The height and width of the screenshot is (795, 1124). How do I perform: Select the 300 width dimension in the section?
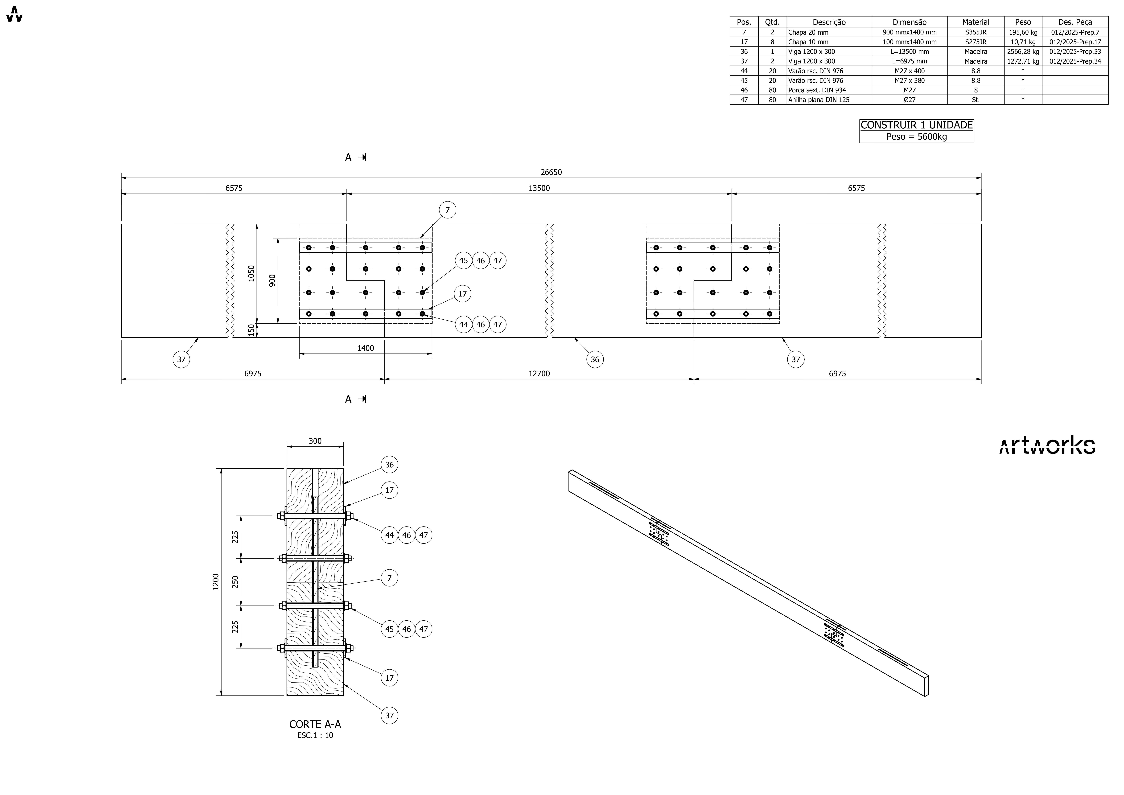[x=315, y=441]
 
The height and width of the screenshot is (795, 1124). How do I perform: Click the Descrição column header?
[x=829, y=22]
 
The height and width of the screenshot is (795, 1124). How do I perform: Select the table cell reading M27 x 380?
[x=909, y=80]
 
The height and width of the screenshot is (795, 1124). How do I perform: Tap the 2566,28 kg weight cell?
[x=1023, y=51]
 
